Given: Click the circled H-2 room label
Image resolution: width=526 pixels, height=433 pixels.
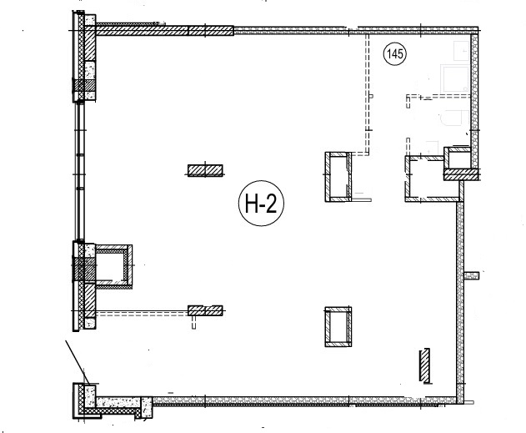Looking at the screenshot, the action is pyautogui.click(x=261, y=204).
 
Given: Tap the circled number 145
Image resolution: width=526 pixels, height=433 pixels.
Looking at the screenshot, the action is pyautogui.click(x=394, y=53).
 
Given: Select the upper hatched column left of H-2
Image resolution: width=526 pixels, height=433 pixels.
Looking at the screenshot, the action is pyautogui.click(x=205, y=170).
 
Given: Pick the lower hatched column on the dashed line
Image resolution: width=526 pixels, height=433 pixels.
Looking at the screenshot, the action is pyautogui.click(x=205, y=310).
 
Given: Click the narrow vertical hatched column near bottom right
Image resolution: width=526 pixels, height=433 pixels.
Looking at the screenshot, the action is pyautogui.click(x=424, y=365).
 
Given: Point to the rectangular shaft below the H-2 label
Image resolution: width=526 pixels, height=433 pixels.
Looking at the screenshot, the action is pyautogui.click(x=338, y=326).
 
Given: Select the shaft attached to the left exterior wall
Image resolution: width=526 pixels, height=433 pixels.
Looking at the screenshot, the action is pyautogui.click(x=113, y=266).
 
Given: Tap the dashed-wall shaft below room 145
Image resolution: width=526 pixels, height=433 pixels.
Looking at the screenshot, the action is pyautogui.click(x=432, y=179).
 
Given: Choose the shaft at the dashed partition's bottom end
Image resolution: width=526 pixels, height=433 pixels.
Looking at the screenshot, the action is pyautogui.click(x=338, y=177).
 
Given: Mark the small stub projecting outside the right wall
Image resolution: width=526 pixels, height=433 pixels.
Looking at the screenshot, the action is pyautogui.click(x=472, y=275).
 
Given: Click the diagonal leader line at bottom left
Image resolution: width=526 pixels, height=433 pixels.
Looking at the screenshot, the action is pyautogui.click(x=78, y=363).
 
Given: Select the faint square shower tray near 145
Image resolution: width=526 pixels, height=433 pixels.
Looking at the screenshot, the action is pyautogui.click(x=455, y=79).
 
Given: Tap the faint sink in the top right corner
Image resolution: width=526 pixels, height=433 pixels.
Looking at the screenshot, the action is pyautogui.click(x=462, y=51).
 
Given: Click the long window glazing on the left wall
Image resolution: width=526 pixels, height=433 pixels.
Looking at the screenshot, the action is pyautogui.click(x=79, y=171).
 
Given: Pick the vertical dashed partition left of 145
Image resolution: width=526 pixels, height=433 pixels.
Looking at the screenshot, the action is pyautogui.click(x=368, y=94).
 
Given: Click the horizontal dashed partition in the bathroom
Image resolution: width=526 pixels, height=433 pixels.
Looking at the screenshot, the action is pyautogui.click(x=438, y=96).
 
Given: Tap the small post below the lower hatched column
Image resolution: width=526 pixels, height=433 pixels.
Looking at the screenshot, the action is pyautogui.click(x=193, y=322).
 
